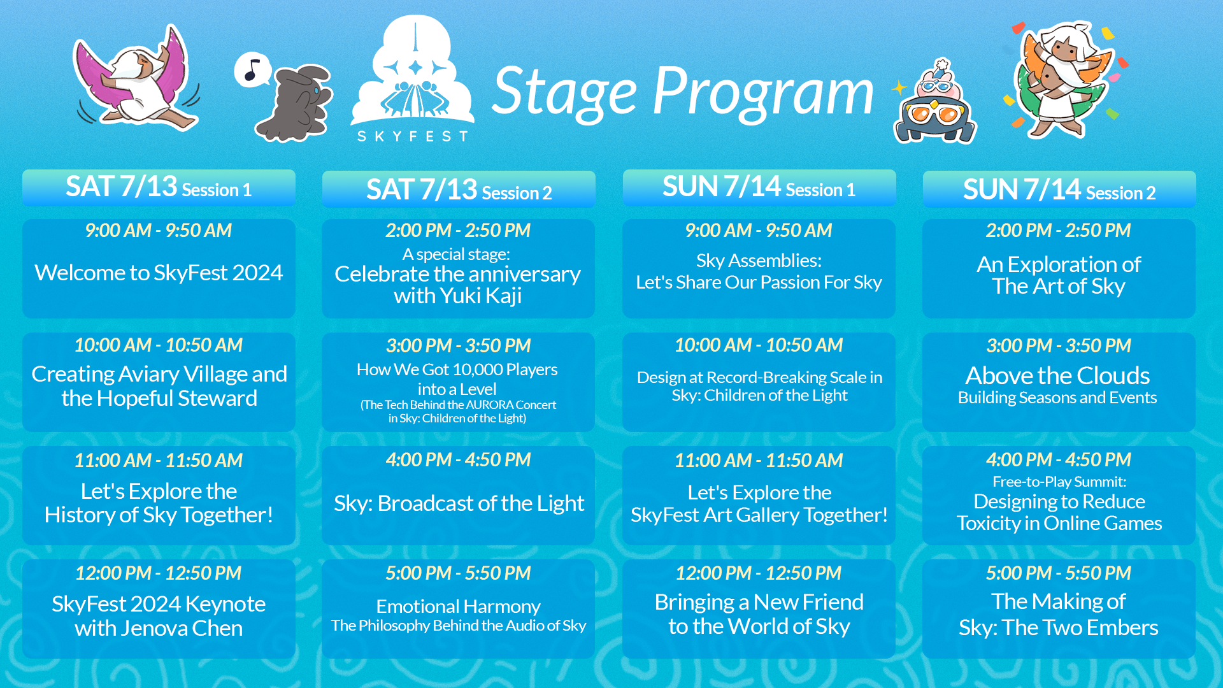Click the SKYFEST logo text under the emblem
point(413,136)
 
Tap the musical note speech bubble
point(253,69)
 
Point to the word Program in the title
point(763,93)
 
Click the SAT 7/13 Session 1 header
point(159,187)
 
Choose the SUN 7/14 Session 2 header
point(1059,190)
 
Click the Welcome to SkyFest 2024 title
point(159,273)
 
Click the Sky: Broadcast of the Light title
point(459,503)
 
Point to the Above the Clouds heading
point(1057,375)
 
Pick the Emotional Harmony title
point(458,606)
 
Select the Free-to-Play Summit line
point(1059,482)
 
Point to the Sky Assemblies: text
point(759,261)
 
